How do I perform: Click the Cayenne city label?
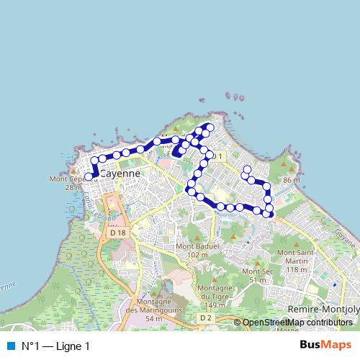[x=120, y=174]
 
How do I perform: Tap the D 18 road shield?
[x=118, y=233]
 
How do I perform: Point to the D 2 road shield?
[x=206, y=317]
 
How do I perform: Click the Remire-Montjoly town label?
[x=323, y=308]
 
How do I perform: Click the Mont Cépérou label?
[x=67, y=179]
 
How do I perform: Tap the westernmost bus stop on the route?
[x=89, y=176]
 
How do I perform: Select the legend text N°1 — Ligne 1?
[x=55, y=346]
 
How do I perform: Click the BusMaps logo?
[x=325, y=345]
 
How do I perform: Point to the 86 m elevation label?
[x=292, y=179]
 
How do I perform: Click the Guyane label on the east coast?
[x=346, y=240]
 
